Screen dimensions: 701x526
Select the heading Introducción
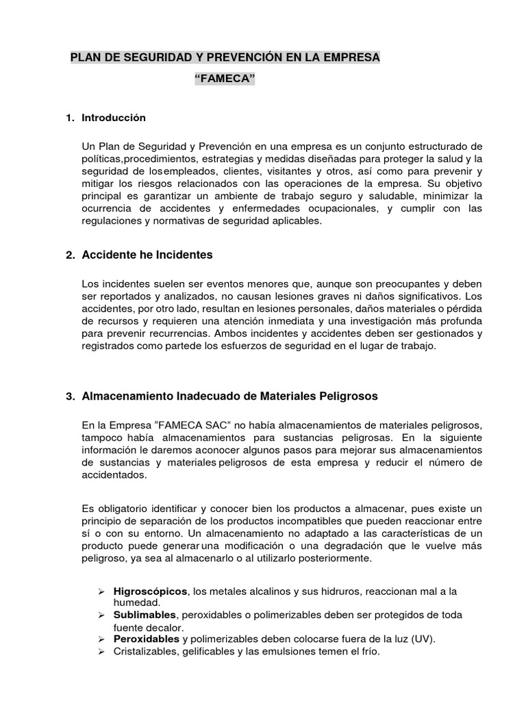(x=114, y=118)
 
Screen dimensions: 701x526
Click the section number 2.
(x=70, y=255)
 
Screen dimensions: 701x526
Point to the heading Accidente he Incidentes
(x=147, y=255)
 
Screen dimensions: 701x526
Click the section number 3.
(x=70, y=396)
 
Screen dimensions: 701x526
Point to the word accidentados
(x=114, y=475)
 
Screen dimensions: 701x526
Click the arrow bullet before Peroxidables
(x=99, y=639)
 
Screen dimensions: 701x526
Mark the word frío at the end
(x=367, y=651)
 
